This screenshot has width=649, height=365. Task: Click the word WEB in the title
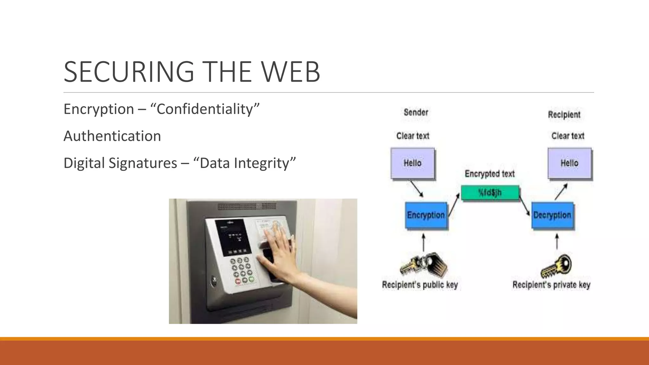tap(291, 72)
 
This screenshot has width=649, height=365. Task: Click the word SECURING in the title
tap(129, 72)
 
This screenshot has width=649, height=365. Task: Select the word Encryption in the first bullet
tap(99, 109)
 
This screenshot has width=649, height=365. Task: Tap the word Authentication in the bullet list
tap(112, 136)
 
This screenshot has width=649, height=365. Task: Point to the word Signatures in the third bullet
tap(143, 163)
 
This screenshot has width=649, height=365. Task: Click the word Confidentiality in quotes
tap(205, 109)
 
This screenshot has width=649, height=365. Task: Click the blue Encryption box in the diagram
tap(426, 215)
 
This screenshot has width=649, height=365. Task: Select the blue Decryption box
tap(552, 215)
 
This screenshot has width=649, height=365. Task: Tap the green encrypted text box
tap(490, 193)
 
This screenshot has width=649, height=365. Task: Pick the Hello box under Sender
tap(413, 163)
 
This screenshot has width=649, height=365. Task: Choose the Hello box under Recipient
tap(569, 163)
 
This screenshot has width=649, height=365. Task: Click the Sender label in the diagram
tap(416, 112)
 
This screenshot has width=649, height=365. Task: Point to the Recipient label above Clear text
tap(564, 115)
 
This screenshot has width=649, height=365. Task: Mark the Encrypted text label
tap(490, 174)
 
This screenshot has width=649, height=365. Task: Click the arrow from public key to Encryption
tap(424, 242)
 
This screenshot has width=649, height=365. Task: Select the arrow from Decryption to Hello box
tap(561, 192)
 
